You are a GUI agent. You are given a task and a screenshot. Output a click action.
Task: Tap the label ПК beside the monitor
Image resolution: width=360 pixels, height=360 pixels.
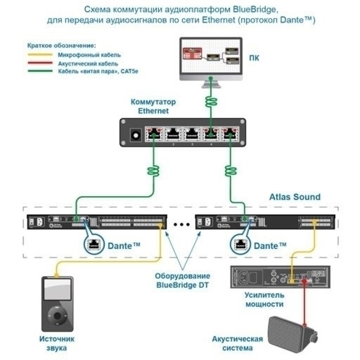pyautogui.click(x=254, y=58)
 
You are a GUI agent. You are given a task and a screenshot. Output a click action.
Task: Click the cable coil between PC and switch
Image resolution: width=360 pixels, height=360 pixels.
pyautogui.click(x=211, y=101)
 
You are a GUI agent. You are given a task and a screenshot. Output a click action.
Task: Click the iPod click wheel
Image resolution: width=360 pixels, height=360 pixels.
pyautogui.click(x=57, y=315)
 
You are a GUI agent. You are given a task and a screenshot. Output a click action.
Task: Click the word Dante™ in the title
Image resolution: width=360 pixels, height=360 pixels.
pyautogui.click(x=295, y=20)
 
